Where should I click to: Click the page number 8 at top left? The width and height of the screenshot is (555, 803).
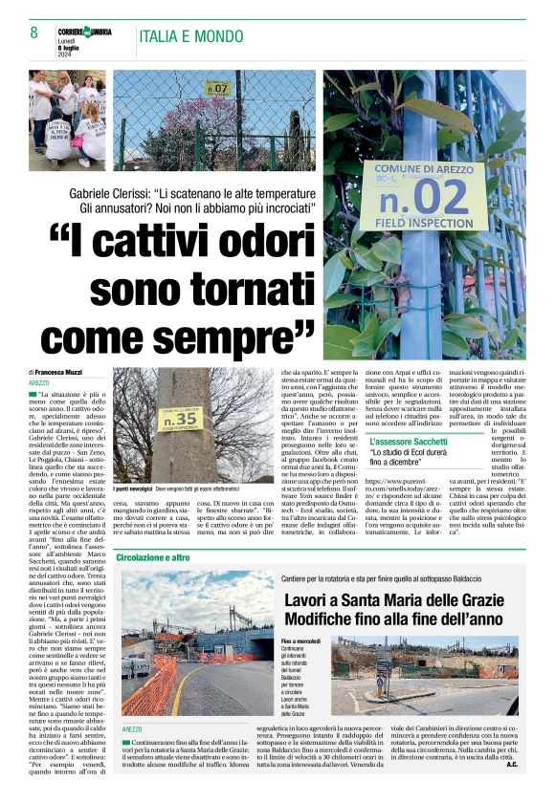click(x=33, y=33)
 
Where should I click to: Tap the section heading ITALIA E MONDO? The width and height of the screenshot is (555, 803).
click(x=191, y=36)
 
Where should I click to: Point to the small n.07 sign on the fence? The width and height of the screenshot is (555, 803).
click(x=218, y=89)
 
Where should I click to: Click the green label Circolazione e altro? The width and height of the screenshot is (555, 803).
click(x=153, y=556)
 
